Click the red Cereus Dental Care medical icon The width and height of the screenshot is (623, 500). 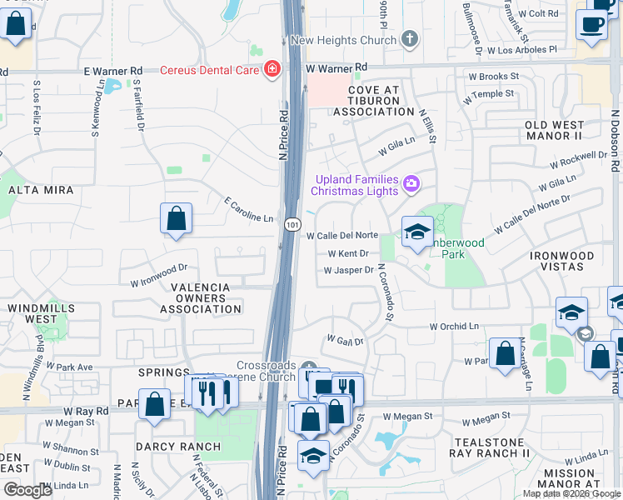pos(271,70)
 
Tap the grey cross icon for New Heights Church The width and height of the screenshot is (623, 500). pos(409,39)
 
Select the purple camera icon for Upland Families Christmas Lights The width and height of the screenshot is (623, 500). pos(411,183)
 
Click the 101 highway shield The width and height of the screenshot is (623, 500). pos(292,225)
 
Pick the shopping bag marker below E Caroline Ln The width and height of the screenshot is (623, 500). pos(176,220)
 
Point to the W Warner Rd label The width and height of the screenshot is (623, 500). pos(336,67)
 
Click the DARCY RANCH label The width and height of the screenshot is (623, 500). pos(179,447)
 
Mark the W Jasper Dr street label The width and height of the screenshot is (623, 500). pos(349,270)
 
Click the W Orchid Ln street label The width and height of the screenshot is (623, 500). pos(456,327)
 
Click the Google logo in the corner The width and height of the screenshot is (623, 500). pos(27,490)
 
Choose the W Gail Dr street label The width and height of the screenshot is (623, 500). pos(346,341)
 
